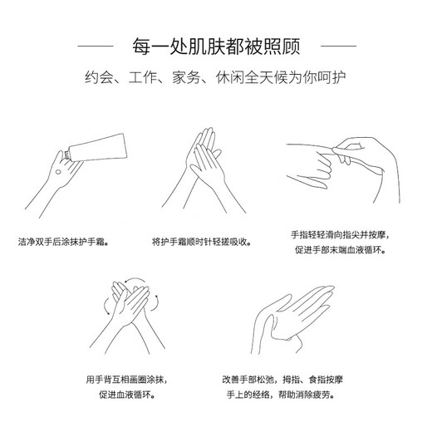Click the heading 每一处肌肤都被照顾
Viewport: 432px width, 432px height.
(x=216, y=47)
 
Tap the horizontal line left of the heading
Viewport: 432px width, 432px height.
(x=96, y=46)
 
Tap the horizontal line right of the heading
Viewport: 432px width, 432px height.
(x=338, y=46)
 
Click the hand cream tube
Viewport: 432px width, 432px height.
(x=96, y=148)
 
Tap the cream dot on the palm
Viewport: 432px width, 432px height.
(x=58, y=172)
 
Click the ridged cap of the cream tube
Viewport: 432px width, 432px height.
(x=66, y=155)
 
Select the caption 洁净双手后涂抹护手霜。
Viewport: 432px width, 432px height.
(x=63, y=242)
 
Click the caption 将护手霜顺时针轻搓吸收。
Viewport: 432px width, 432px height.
(x=202, y=242)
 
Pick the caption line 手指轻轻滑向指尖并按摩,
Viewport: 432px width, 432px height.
(x=341, y=235)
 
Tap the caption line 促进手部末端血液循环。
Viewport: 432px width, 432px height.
(x=341, y=250)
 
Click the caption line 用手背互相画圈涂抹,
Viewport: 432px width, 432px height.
(x=127, y=380)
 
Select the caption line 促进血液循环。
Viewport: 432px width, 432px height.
(x=127, y=395)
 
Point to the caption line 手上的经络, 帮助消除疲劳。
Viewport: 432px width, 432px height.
(x=281, y=395)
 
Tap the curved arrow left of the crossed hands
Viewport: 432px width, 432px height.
(x=105, y=307)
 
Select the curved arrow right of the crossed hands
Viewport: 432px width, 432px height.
(x=157, y=302)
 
